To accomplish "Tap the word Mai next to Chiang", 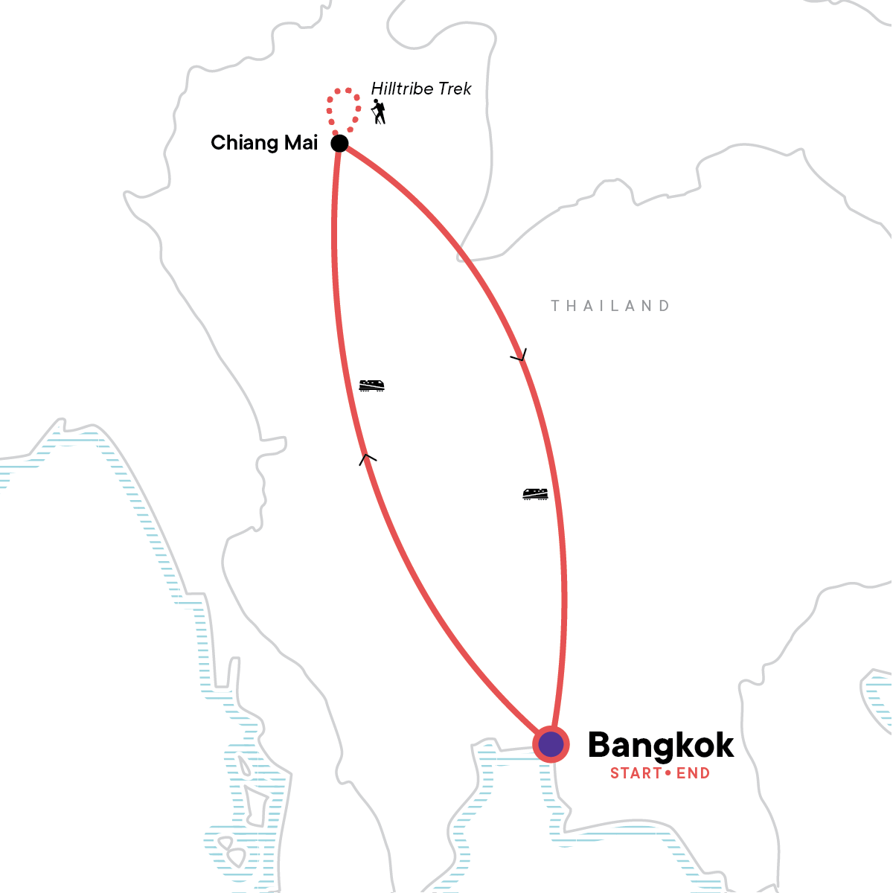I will point(301,142).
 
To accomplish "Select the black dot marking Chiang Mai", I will point(339,143).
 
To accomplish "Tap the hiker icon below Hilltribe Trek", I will point(379,112).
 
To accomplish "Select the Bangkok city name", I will point(661,745).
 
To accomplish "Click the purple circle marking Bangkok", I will point(551,744).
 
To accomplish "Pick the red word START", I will point(636,773).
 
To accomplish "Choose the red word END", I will point(693,773).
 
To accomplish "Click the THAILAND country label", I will point(610,306).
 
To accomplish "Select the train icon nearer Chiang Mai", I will point(371,385).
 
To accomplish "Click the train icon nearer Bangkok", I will point(535,493).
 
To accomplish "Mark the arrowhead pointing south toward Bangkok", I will point(519,356).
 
